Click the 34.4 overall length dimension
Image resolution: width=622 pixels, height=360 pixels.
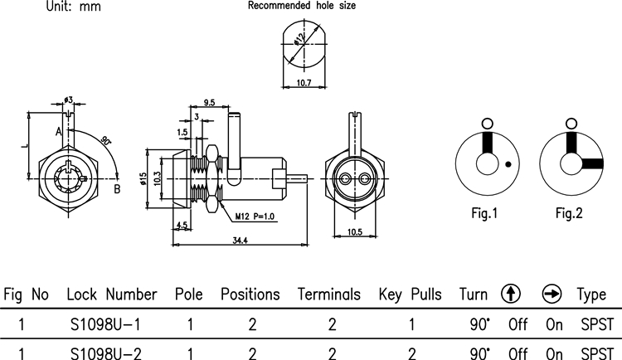click(x=241, y=240)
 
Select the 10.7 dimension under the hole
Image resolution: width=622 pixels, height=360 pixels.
click(x=304, y=83)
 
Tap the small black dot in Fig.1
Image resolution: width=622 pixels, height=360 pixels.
click(x=508, y=165)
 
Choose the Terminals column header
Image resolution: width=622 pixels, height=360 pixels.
click(x=329, y=295)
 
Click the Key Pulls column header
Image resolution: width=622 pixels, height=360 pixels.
click(x=411, y=295)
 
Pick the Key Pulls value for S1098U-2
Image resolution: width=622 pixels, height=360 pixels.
click(x=411, y=353)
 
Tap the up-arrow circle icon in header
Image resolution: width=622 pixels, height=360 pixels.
click(x=511, y=294)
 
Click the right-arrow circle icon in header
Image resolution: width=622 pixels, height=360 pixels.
click(x=552, y=294)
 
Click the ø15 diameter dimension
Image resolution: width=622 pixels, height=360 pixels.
click(x=143, y=179)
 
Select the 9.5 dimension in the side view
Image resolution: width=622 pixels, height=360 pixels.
click(x=209, y=104)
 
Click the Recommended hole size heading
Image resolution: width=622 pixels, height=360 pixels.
click(x=303, y=6)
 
